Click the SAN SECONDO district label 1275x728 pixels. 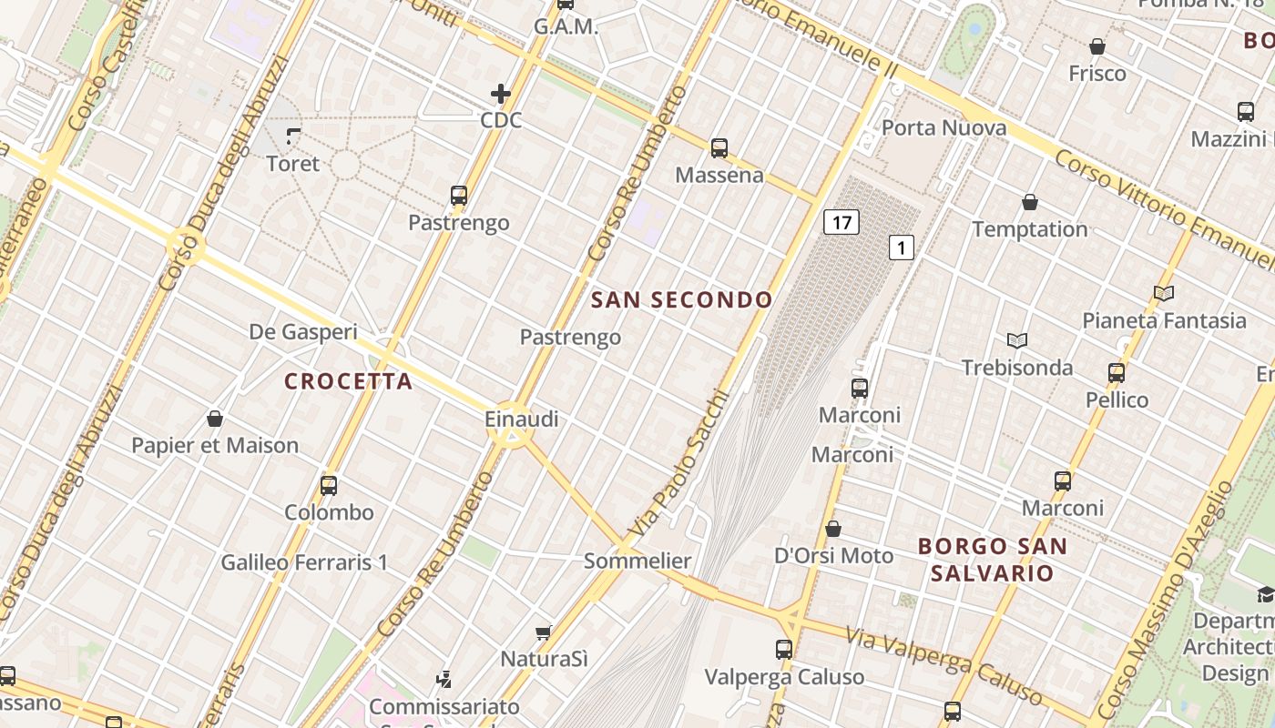(x=682, y=299)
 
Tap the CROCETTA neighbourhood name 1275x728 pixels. (x=349, y=381)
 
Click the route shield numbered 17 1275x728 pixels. (x=841, y=222)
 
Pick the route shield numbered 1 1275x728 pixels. (x=902, y=247)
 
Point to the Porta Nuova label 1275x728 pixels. (x=944, y=127)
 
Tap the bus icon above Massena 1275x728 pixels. (x=719, y=147)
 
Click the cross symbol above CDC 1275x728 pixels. (x=501, y=93)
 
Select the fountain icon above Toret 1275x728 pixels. (x=293, y=136)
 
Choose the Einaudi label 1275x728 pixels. (x=522, y=420)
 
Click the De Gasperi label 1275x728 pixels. (x=303, y=332)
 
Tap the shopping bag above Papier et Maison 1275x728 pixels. (x=215, y=419)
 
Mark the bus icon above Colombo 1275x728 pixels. (x=329, y=486)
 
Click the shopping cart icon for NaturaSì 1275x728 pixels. (x=544, y=632)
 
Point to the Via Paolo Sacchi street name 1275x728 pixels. (x=679, y=463)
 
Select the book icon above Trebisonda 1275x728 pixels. (x=1017, y=340)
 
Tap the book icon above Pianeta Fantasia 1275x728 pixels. (x=1163, y=293)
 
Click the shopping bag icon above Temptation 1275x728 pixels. (x=1030, y=202)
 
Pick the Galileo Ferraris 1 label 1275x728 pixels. (x=304, y=562)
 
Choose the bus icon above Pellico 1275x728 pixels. (x=1117, y=372)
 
